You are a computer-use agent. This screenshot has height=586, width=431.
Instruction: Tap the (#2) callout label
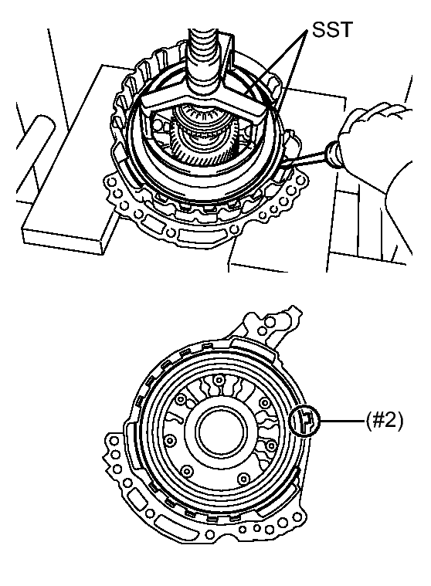(385, 421)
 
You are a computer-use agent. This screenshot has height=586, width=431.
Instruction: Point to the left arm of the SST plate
(165, 100)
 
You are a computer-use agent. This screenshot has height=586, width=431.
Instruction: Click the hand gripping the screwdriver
(378, 150)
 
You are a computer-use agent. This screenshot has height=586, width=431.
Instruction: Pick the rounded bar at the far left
(36, 153)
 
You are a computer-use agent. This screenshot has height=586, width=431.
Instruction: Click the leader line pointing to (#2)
(341, 421)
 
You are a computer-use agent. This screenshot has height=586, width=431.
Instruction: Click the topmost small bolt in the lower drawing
(218, 381)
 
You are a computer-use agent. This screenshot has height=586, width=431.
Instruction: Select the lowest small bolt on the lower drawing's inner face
(243, 478)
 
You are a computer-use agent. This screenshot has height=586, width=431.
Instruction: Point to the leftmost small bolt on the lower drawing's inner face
(170, 439)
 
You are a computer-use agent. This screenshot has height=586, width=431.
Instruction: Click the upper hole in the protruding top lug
(270, 320)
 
